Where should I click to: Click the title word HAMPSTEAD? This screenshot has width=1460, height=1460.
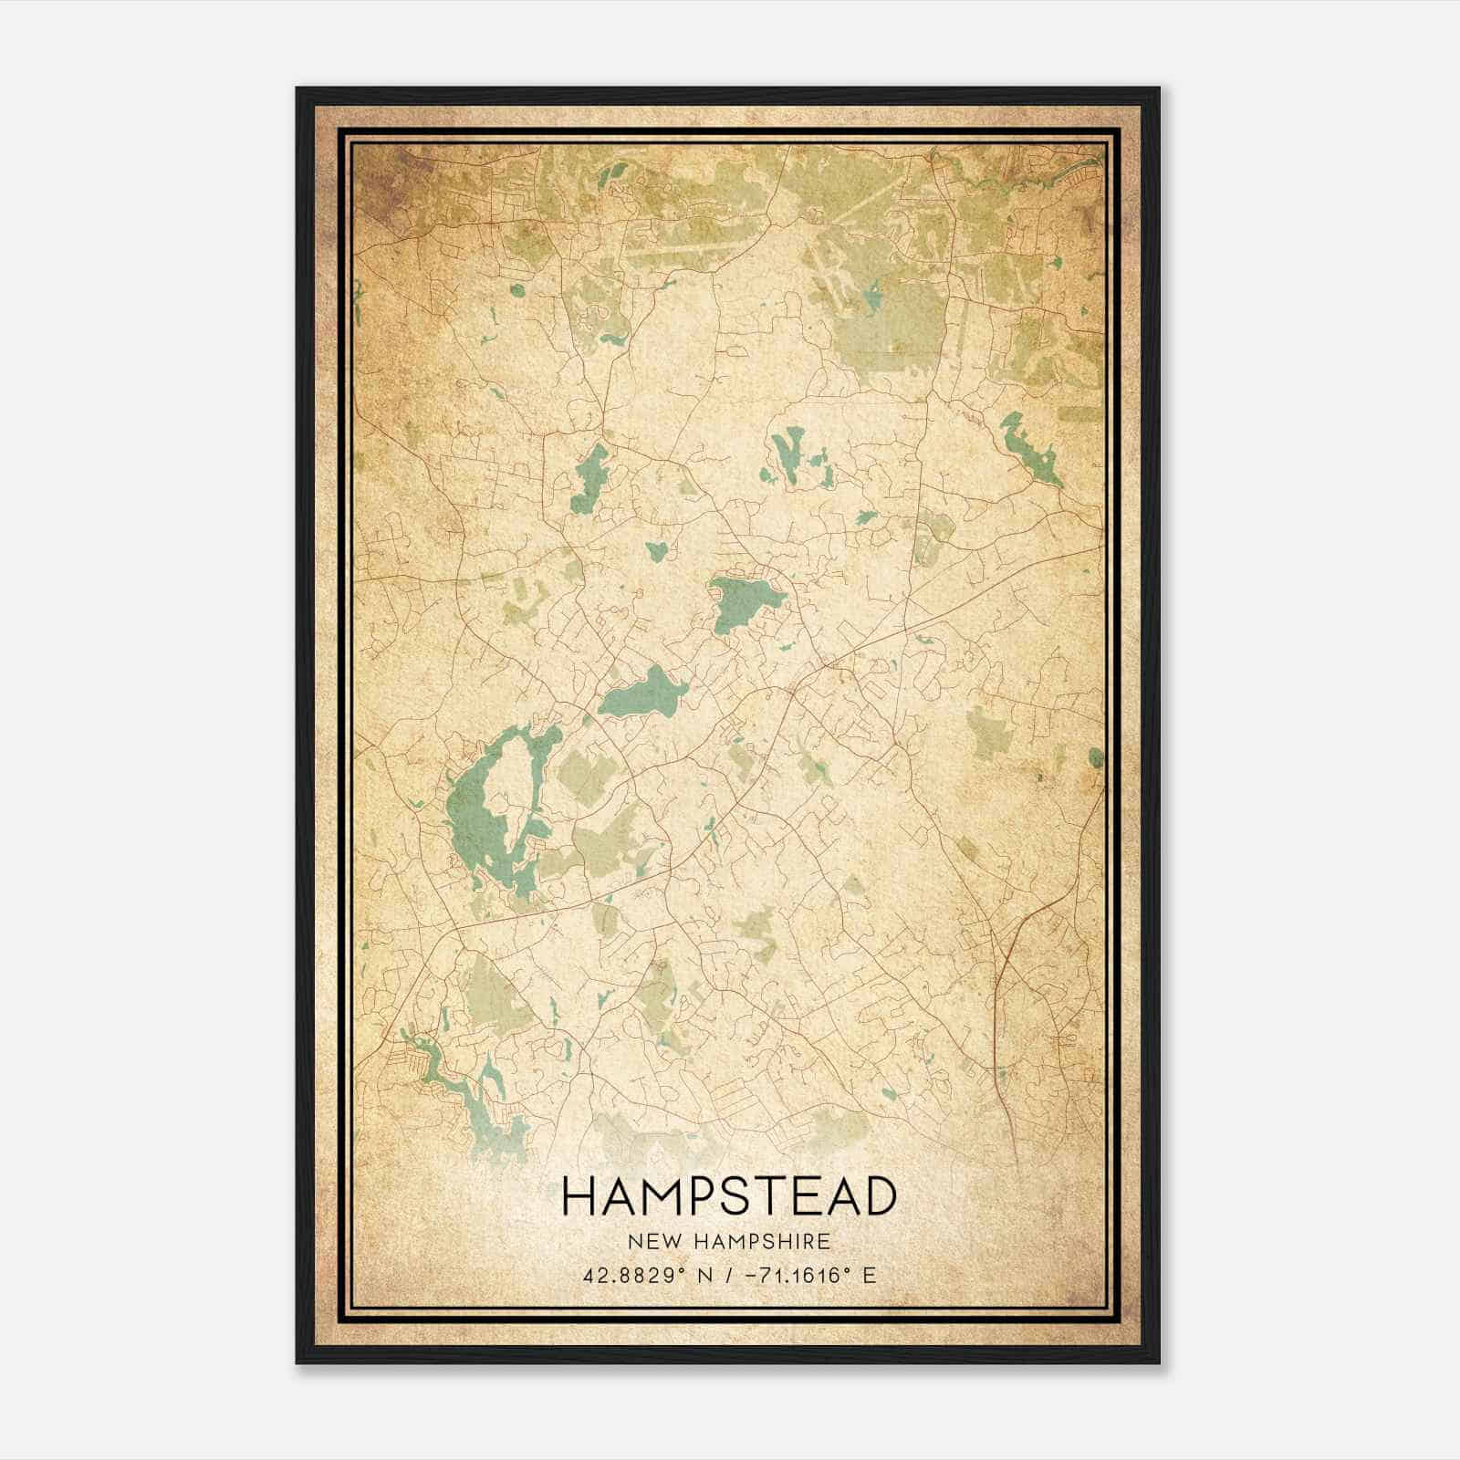coord(729,1196)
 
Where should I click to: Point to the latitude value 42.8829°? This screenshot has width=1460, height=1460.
coord(635,1275)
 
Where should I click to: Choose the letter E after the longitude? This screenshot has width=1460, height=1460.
coord(869,1275)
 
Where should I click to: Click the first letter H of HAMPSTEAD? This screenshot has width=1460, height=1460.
coord(580,1196)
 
